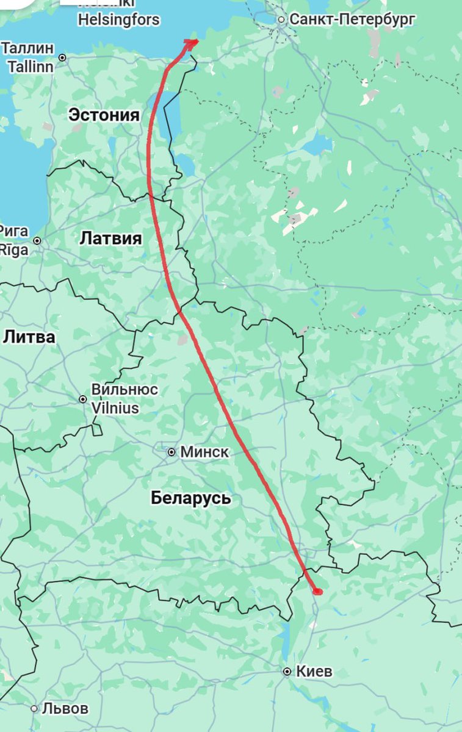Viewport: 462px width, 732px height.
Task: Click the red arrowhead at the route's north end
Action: coord(192,42)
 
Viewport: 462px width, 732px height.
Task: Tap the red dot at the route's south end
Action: coord(317,590)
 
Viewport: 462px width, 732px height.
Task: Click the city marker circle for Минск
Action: coord(171,452)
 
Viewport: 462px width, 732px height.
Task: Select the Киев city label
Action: coord(314,672)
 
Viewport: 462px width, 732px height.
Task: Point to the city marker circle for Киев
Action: coord(287,672)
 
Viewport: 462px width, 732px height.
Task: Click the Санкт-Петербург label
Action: coord(352,20)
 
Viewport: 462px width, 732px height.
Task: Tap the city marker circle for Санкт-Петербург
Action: coord(281,20)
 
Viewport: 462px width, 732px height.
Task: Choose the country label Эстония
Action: coord(104,115)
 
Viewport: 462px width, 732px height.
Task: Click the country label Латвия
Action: coord(110,239)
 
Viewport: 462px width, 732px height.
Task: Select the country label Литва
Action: coord(29,337)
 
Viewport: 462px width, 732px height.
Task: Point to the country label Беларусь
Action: coord(191,498)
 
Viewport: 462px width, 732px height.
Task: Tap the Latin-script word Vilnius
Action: coord(115,408)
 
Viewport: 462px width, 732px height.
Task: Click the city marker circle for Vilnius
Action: coord(83,399)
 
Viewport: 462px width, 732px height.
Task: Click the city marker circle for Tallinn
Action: coord(62,57)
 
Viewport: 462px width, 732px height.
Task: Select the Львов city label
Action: coord(65,708)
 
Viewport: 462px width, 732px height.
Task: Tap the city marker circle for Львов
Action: coord(34,709)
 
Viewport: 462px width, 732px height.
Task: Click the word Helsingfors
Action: coord(118,20)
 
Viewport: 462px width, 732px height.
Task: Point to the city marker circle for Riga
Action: coord(37,241)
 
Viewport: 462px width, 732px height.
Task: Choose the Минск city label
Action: coord(205,452)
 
